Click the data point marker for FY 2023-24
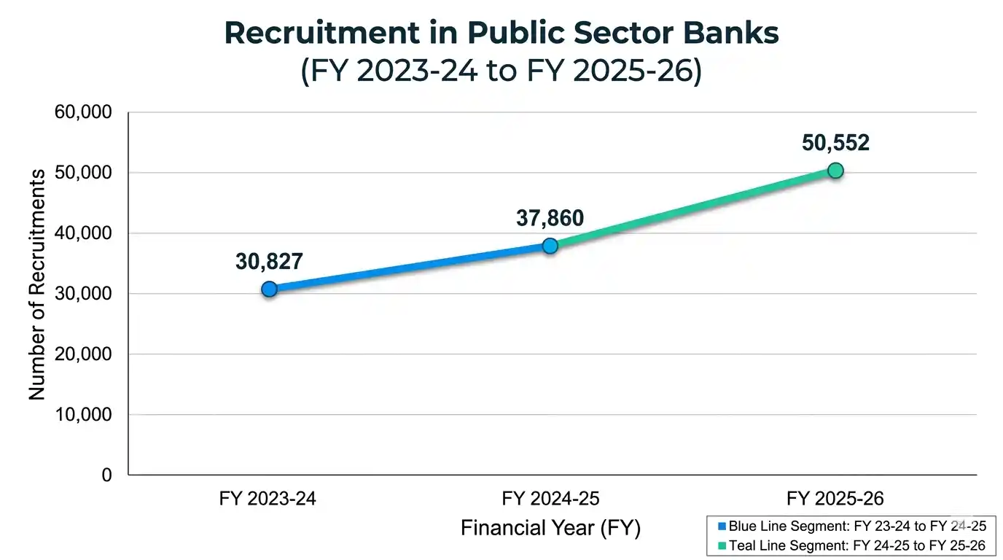pos(269,289)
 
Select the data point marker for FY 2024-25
pos(550,246)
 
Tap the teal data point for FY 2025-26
pos(835,171)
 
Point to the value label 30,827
pos(269,262)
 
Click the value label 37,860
pos(550,217)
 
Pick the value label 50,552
pos(835,143)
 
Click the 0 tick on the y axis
pos(106,475)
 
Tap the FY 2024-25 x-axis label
pos(550,499)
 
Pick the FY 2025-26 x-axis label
pos(835,499)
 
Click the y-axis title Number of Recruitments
pos(37,284)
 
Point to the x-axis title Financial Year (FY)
pos(550,527)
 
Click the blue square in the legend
pos(722,526)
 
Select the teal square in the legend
pos(722,545)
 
